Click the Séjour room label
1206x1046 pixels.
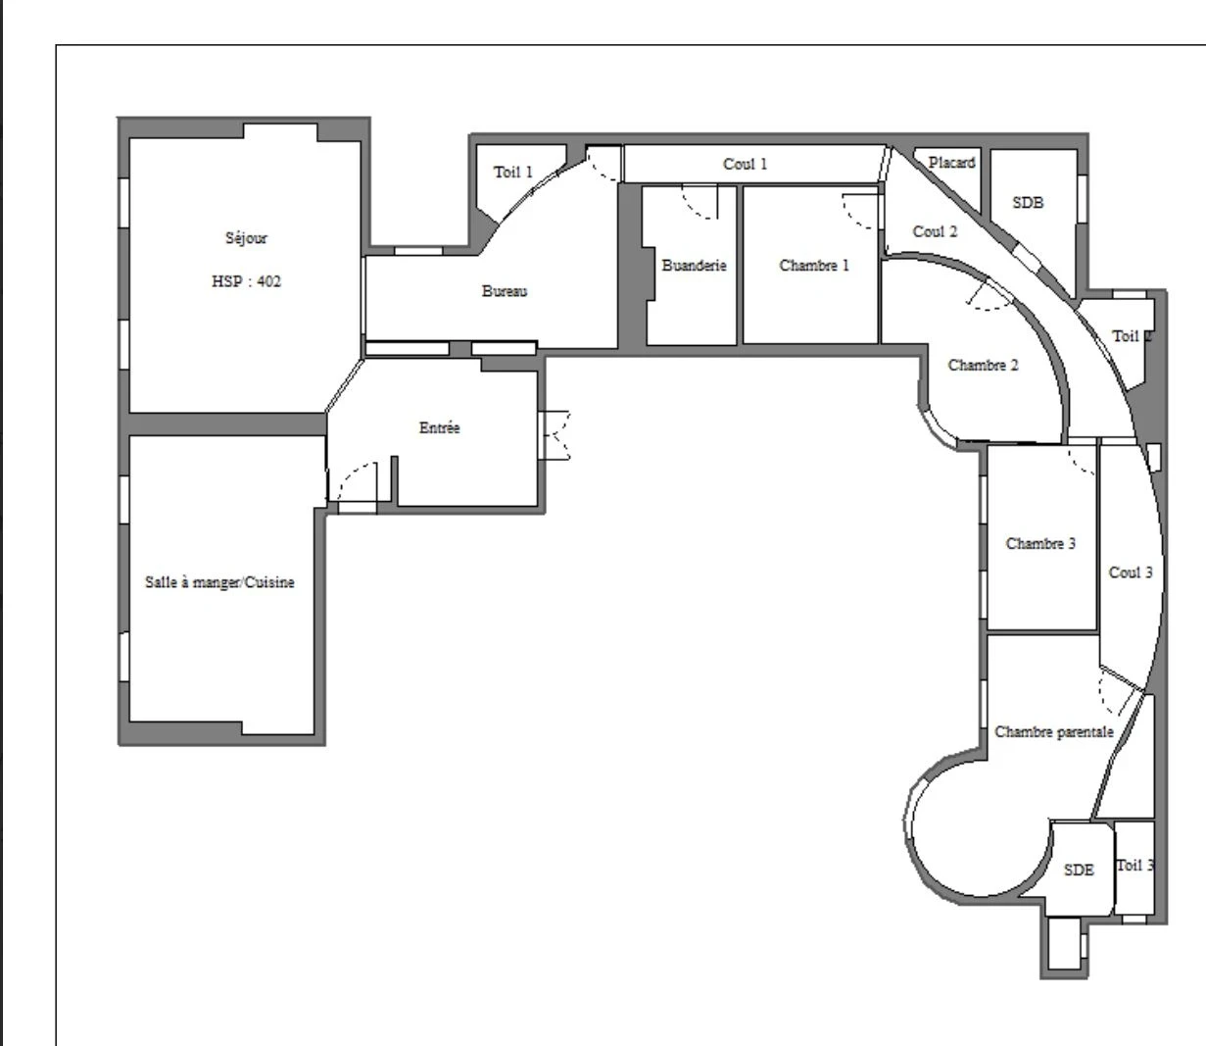246,238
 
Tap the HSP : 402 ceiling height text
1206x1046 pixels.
246,281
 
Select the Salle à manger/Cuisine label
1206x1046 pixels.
219,582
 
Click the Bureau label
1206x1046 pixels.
505,291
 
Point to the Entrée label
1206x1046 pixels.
439,427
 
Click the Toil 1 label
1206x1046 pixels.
513,173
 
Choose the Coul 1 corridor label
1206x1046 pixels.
745,164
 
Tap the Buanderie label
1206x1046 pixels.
694,266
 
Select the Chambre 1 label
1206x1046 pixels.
814,266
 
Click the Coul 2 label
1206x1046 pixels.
935,231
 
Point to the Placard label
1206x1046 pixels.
951,163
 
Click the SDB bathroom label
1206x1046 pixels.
1028,203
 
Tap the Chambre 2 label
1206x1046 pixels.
983,365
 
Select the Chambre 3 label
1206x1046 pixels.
1040,543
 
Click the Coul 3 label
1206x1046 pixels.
1131,573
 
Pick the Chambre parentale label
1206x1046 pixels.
1054,731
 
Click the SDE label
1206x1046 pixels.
1079,870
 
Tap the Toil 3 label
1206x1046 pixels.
1134,865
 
